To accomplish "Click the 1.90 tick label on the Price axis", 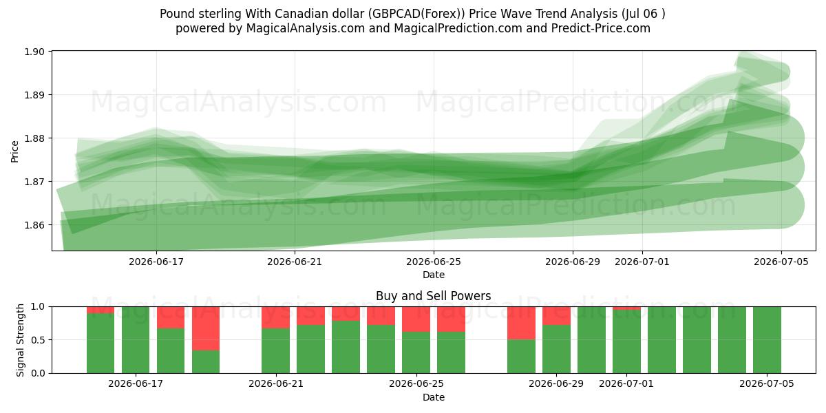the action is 34,52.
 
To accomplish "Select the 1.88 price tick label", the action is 34,138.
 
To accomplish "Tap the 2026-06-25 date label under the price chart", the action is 434,262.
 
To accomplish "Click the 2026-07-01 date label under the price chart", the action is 642,262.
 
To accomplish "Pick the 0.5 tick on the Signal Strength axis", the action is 39,340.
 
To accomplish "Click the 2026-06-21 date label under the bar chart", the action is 276,383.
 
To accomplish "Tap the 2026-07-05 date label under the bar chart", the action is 767,383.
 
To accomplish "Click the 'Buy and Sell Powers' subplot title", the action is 433,296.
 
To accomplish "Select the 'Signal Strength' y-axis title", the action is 20,340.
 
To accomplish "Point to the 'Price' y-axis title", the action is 14,151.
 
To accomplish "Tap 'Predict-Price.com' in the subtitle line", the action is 601,28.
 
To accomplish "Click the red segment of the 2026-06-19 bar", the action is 206,328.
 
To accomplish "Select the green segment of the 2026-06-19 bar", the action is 206,362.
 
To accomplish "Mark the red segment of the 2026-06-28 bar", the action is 521,323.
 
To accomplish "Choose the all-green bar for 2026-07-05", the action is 767,340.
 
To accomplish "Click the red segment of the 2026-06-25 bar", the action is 416,319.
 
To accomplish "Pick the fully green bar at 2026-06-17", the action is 136,340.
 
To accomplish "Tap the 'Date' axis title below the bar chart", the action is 433,397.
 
